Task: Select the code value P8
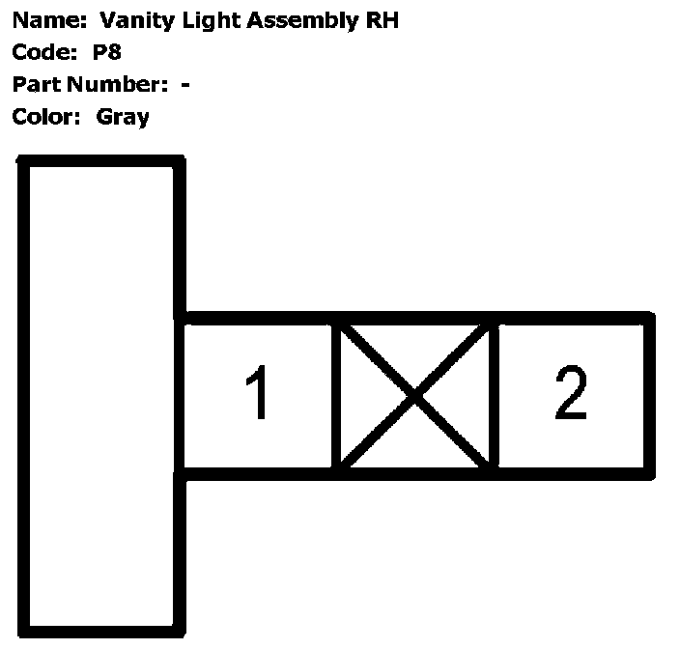[x=107, y=52]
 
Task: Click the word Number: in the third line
[x=117, y=85]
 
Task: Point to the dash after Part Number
[x=184, y=85]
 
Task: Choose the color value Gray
[x=123, y=118]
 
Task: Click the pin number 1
[x=258, y=394]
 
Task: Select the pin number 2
[x=570, y=394]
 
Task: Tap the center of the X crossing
[x=415, y=395]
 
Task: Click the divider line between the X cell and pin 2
[x=494, y=395]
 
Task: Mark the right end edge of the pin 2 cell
[x=648, y=395]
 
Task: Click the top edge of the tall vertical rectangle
[x=100, y=162]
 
